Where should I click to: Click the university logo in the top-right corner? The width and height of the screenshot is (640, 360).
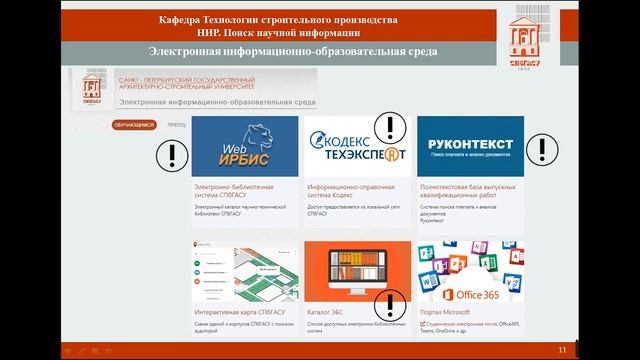530,42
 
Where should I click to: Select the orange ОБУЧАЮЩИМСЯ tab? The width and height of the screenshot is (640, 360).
133,125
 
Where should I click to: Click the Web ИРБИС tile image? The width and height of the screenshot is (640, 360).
245,147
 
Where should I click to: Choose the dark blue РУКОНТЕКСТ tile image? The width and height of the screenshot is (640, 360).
470,147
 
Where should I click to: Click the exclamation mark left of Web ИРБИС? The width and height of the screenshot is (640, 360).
174,153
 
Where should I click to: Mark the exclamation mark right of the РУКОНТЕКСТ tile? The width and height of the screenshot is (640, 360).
542,149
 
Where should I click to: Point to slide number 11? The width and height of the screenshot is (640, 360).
562,349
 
